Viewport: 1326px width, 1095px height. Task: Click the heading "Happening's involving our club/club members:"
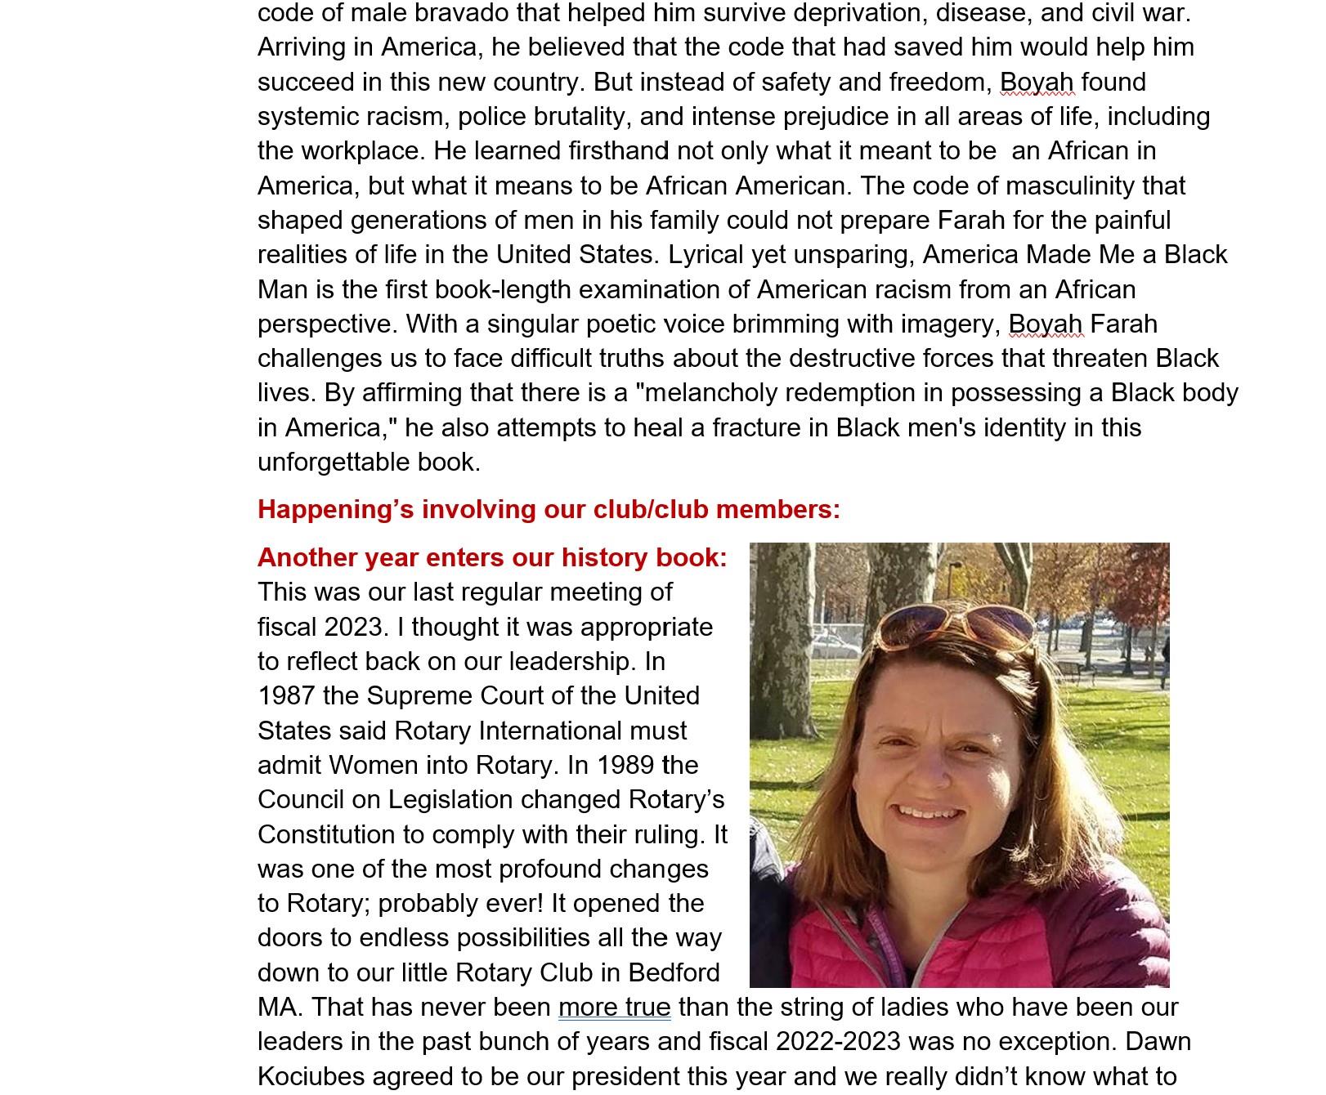pos(549,509)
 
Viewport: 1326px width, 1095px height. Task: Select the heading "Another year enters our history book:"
pos(491,557)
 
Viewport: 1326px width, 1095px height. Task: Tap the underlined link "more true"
pos(614,1008)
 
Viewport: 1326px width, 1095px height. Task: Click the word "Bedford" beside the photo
pos(674,972)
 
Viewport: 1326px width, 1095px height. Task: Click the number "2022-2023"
pos(838,1042)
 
